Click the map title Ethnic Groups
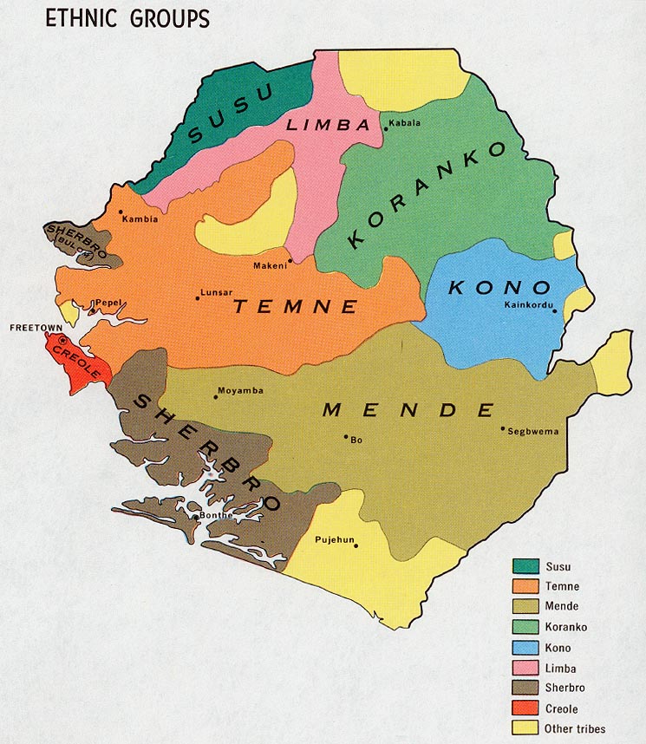(127, 17)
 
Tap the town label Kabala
(405, 123)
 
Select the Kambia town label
(140, 219)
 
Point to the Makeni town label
(270, 265)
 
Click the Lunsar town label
(216, 294)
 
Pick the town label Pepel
(108, 303)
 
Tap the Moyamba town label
(240, 391)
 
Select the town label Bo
(356, 441)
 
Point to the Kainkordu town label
(528, 303)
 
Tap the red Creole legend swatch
(524, 709)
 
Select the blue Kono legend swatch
(524, 648)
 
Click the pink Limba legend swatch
(524, 669)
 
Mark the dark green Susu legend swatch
(524, 566)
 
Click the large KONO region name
(499, 288)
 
